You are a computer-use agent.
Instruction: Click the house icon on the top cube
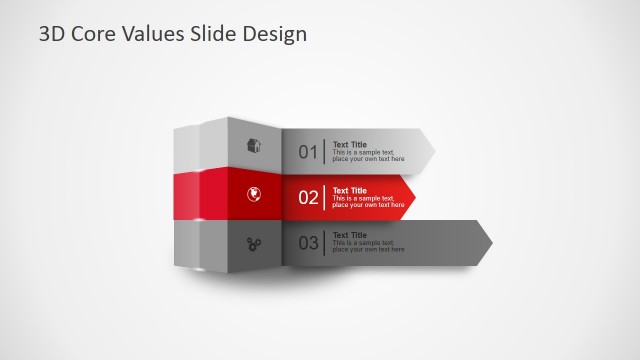[254, 146]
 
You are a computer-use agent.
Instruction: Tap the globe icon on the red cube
[254, 194]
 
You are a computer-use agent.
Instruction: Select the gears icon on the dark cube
[254, 242]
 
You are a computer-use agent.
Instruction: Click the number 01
[307, 153]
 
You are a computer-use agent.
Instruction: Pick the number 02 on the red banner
[308, 198]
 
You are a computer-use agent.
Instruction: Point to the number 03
[308, 243]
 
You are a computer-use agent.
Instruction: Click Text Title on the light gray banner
[349, 144]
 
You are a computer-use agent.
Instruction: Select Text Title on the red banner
[349, 190]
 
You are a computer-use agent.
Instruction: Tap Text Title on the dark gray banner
[349, 235]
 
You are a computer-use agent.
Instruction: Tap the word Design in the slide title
[275, 34]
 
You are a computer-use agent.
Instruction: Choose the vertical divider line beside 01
[324, 152]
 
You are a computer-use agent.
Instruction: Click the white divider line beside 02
[324, 197]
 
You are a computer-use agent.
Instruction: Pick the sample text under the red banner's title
[368, 202]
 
